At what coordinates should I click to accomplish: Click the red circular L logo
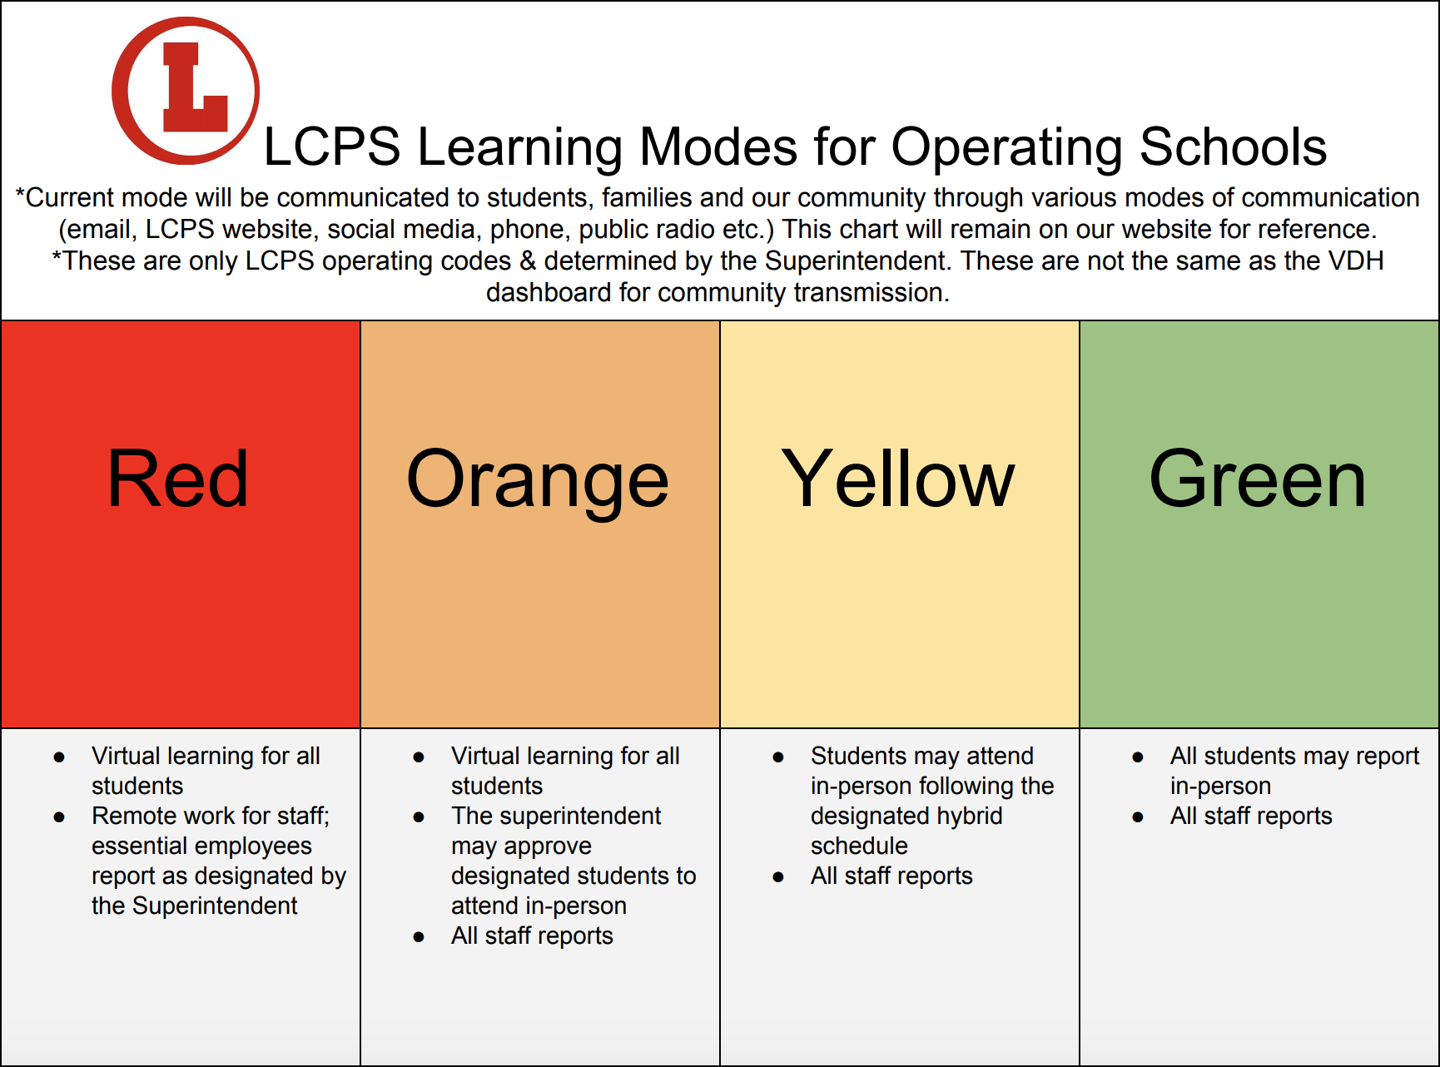(186, 91)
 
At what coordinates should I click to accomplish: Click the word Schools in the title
(1233, 147)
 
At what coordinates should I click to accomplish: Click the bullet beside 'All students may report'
(1138, 757)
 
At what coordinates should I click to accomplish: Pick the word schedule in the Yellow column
(859, 846)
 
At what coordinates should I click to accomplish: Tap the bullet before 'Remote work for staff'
(59, 816)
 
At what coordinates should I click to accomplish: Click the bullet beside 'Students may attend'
(778, 757)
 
